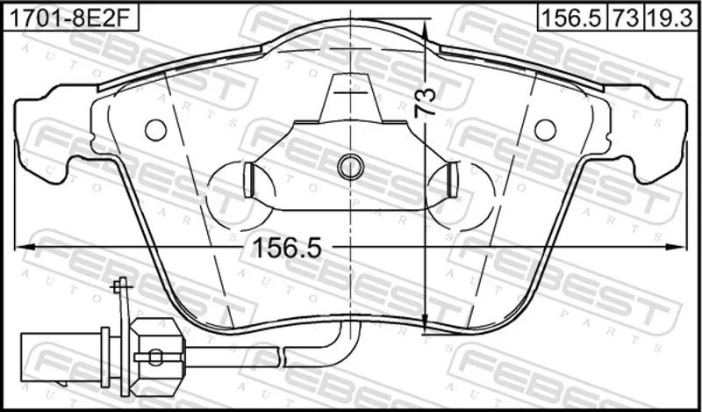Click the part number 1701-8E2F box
point(71,18)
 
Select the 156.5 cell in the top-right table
point(572,18)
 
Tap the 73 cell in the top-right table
point(626,18)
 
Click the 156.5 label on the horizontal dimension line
point(287,248)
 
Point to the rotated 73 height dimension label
point(426,103)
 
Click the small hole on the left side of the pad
point(156,130)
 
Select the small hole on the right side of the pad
point(545,130)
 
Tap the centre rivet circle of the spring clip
point(350,167)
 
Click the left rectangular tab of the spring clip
point(249,180)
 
